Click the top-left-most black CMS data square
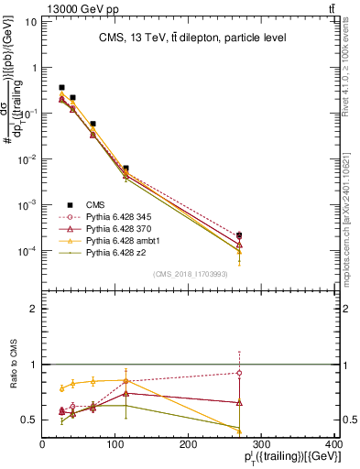(x=61, y=88)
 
